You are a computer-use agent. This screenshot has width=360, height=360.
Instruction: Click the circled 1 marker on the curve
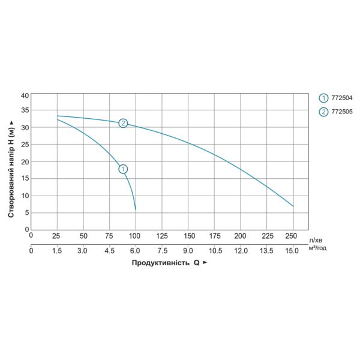tap(123, 169)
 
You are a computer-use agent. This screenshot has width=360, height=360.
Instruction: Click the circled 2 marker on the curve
tap(123, 123)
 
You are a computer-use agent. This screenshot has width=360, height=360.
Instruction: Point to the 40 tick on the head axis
tap(25, 95)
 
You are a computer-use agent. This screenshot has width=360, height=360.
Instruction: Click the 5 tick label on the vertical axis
tap(27, 212)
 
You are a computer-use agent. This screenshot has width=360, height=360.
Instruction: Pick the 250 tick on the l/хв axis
tap(293, 235)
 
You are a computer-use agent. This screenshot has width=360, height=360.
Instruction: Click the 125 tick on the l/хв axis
tap(162, 235)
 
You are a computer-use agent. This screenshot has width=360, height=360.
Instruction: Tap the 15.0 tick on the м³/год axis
tap(292, 250)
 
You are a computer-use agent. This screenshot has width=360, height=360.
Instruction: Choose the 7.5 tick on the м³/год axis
tap(162, 250)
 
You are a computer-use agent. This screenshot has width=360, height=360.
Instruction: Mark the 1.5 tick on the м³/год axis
tap(57, 250)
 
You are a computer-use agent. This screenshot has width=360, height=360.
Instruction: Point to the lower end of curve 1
tap(136, 209)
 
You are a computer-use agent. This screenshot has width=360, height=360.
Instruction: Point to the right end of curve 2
tap(293, 206)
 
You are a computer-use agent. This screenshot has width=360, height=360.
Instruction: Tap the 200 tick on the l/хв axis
tap(241, 235)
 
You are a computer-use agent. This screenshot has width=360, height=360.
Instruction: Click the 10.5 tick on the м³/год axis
tap(214, 250)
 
